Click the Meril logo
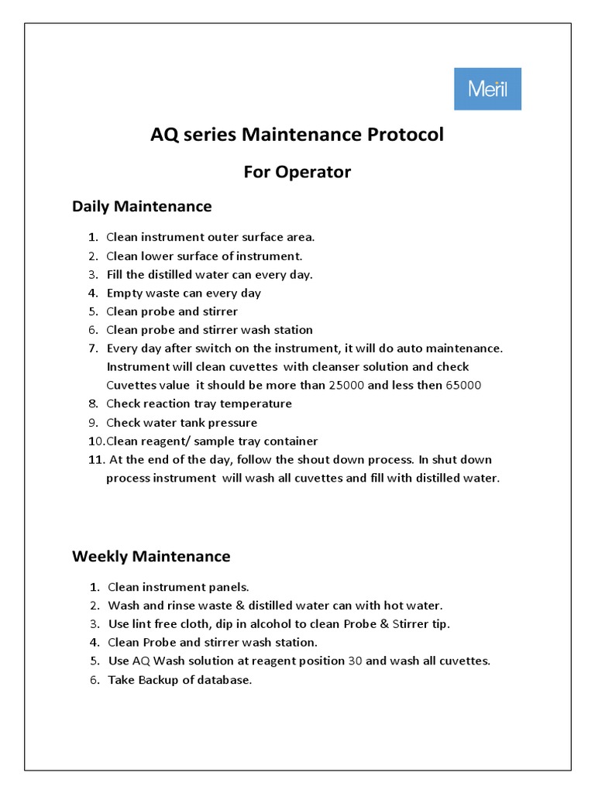tap(487, 89)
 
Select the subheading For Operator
tap(297, 172)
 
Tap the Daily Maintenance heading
tap(142, 207)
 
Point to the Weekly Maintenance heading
tap(151, 556)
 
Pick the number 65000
tap(464, 385)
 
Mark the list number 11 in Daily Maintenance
tap(95, 460)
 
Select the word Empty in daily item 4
tap(123, 294)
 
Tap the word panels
tap(227, 587)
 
